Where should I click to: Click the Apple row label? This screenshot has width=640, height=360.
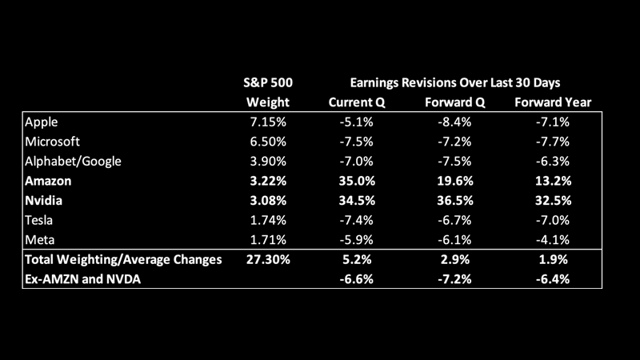coord(42,122)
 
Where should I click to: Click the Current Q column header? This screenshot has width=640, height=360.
coord(358,102)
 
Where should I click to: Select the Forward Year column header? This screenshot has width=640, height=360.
coord(553,102)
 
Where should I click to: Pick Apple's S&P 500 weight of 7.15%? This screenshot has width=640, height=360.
coord(265,122)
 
